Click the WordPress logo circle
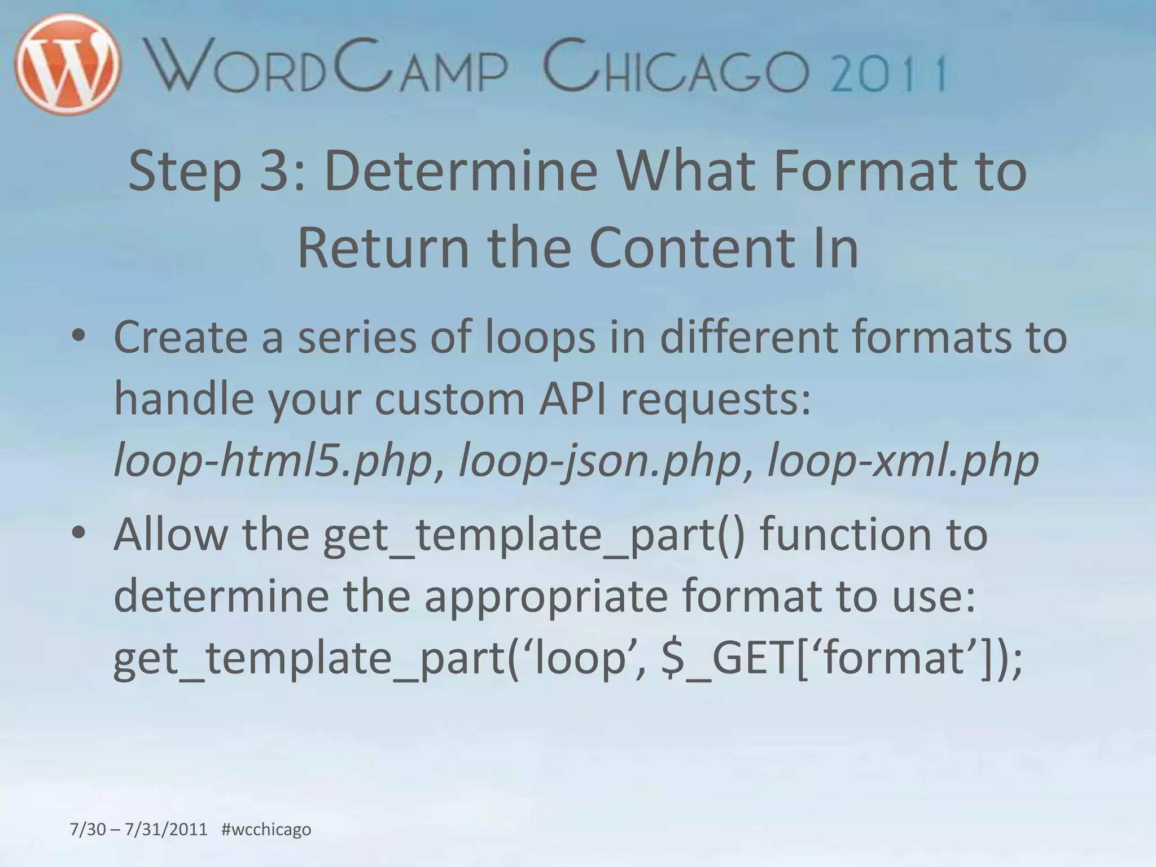point(68,63)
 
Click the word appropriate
point(546,597)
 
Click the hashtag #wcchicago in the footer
point(266,829)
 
